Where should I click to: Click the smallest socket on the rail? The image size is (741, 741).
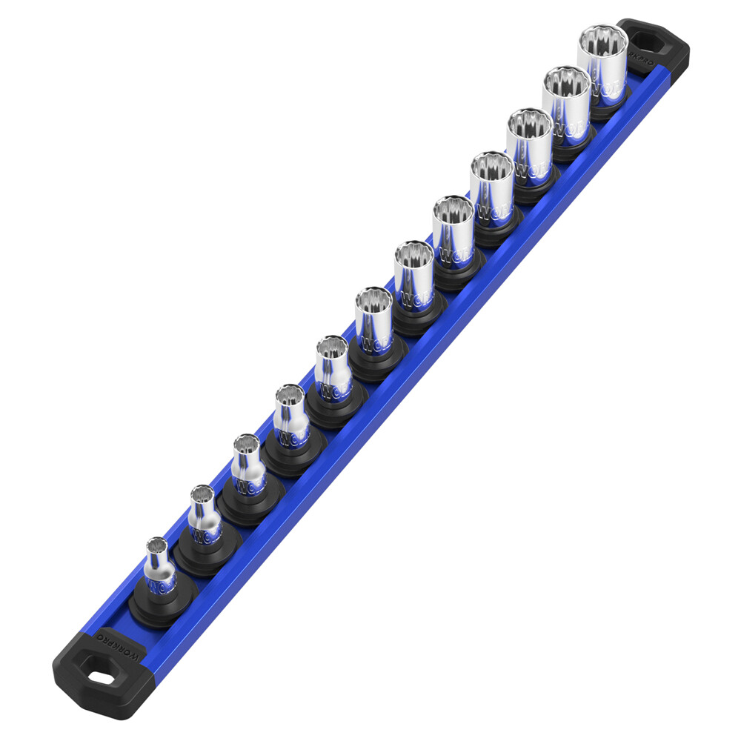point(160,567)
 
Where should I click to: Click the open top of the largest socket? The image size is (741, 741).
point(602,38)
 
